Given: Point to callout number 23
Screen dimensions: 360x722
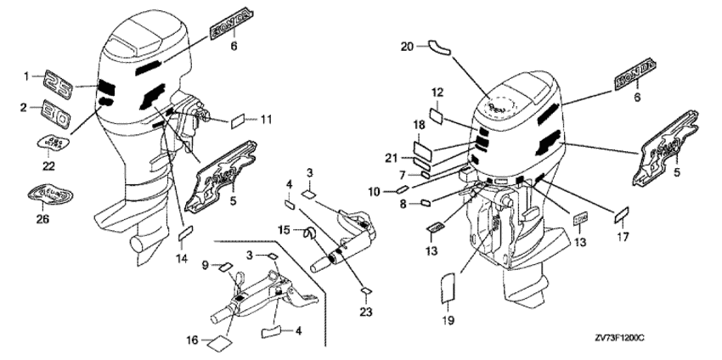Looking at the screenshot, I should point(365,312).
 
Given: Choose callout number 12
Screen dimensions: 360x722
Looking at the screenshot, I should point(437,92).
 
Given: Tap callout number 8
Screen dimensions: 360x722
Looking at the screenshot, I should point(403,204).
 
